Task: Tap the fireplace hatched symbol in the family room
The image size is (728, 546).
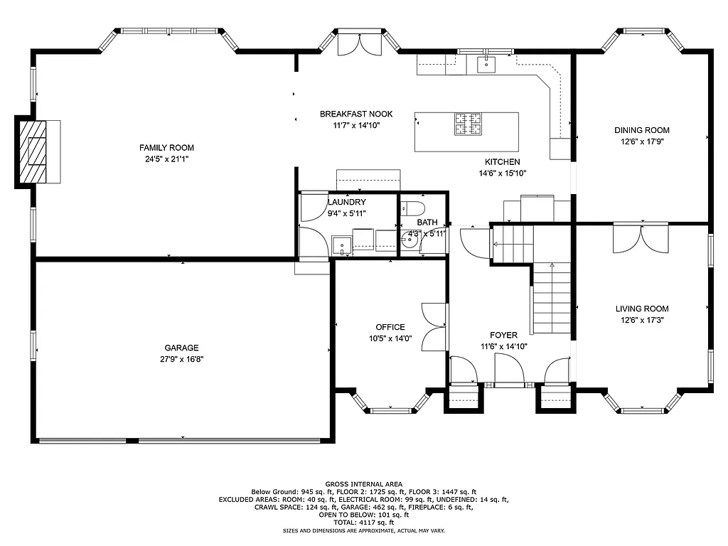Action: coord(33,152)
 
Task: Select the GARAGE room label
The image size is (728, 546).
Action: coord(181,348)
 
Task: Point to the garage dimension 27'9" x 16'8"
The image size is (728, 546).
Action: coord(181,359)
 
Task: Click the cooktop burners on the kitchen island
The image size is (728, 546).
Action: coord(469,124)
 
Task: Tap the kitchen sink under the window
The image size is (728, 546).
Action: coord(486,65)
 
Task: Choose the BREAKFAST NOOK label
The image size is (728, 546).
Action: coord(355,114)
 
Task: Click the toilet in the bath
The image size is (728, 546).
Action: coord(412,208)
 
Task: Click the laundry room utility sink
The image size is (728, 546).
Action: coord(343,245)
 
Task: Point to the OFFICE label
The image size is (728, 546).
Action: coord(390,327)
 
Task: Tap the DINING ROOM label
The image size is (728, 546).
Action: coord(642,130)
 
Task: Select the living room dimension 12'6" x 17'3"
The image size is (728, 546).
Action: coord(642,321)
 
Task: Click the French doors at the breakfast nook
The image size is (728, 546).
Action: coord(359,44)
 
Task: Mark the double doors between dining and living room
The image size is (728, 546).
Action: coord(641,238)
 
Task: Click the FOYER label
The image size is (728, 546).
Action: coord(503,335)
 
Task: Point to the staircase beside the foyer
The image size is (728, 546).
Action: coord(552,299)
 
